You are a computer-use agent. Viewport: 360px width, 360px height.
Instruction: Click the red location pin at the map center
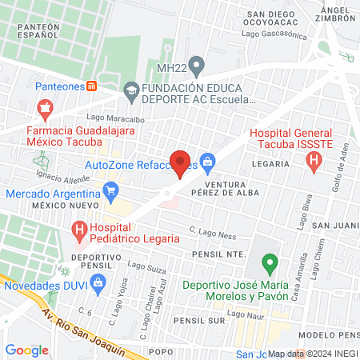pyautogui.click(x=180, y=163)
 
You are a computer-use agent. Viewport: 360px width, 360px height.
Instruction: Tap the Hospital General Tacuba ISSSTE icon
pyautogui.click(x=314, y=161)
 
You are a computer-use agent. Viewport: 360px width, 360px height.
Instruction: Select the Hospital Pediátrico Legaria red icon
pyautogui.click(x=79, y=232)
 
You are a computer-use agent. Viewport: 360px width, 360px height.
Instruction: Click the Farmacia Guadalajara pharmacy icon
pyautogui.click(x=45, y=107)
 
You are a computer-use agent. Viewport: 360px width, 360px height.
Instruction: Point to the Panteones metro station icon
pyautogui.click(x=92, y=86)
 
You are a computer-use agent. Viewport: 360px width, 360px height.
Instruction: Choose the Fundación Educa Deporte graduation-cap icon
pyautogui.click(x=130, y=94)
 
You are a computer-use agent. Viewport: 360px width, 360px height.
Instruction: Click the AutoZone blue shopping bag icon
pyautogui.click(x=208, y=163)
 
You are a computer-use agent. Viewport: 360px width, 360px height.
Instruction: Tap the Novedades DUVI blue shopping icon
pyautogui.click(x=98, y=281)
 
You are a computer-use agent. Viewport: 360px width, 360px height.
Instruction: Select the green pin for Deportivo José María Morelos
pyautogui.click(x=270, y=262)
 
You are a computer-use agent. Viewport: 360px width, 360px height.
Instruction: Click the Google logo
pyautogui.click(x=27, y=350)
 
